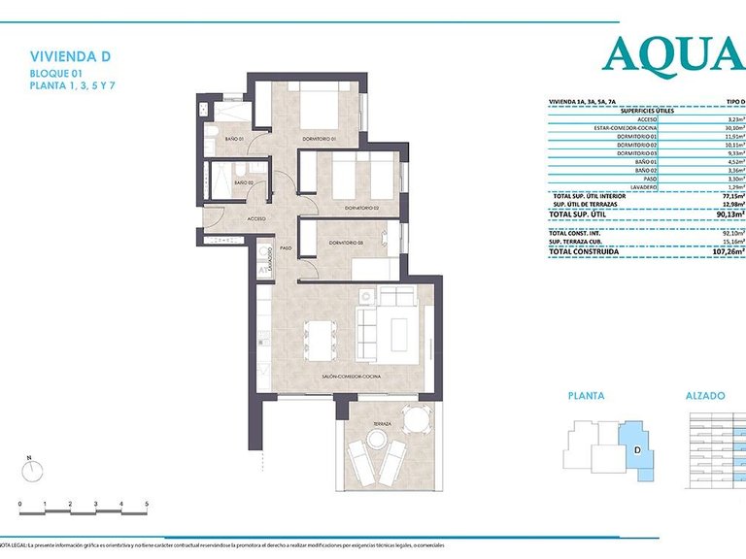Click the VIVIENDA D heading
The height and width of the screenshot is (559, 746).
click(x=64, y=57)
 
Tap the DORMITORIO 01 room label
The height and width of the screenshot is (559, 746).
click(x=318, y=138)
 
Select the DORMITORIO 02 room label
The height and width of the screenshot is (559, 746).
click(x=360, y=208)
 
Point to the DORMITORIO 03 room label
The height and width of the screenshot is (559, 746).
click(x=345, y=242)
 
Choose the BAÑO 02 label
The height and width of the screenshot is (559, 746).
click(x=243, y=181)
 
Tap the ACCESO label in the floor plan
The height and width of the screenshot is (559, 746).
click(x=256, y=219)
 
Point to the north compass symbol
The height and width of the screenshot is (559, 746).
click(x=33, y=472)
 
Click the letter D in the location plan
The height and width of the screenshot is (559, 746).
click(x=635, y=449)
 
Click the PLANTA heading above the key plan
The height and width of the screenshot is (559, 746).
click(x=586, y=396)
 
